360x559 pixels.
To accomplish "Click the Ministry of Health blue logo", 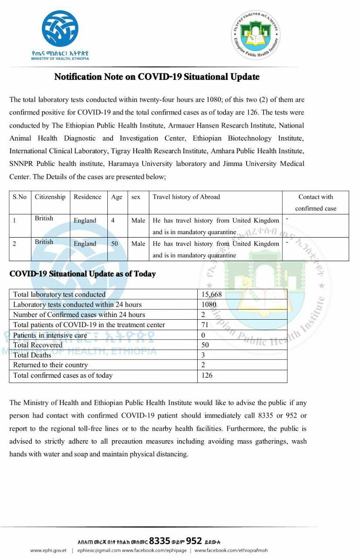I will [60, 29].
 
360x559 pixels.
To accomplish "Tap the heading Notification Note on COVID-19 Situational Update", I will [157, 77].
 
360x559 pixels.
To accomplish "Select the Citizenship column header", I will [50, 197].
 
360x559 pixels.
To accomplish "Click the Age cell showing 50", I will [114, 244].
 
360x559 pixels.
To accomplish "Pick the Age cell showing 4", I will [113, 221].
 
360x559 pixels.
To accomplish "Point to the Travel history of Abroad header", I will [186, 197].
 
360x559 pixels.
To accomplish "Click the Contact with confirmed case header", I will [315, 203].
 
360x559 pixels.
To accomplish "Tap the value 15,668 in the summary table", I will [212, 294].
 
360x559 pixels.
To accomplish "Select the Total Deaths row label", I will [32, 355].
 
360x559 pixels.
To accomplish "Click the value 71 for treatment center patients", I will [205, 324].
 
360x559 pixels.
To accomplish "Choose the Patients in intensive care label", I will [50, 335].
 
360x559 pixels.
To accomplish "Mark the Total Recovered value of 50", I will [205, 345].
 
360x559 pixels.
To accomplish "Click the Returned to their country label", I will [51, 365].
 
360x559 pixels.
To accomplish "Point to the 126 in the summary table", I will [207, 375].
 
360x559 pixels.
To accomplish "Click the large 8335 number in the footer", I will [159, 540].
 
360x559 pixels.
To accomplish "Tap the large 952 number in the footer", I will [194, 540].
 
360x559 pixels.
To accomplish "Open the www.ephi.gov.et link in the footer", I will [48, 551].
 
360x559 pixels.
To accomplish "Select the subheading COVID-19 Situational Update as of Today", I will [82, 274].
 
